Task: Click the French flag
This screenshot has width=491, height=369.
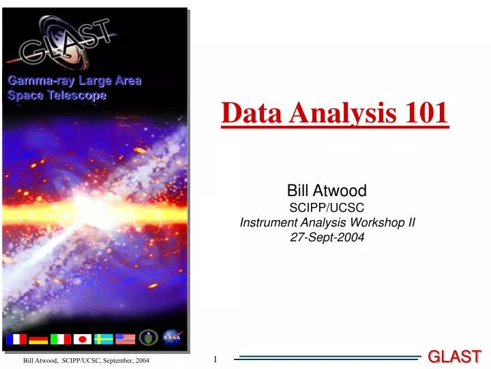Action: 16,339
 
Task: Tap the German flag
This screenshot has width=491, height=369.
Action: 38,339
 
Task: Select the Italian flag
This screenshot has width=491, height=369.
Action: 60,339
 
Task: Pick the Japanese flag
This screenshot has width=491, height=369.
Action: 82,339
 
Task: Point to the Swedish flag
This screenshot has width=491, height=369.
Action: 104,339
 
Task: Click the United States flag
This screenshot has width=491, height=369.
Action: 125,339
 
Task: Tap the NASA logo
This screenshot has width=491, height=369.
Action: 170,338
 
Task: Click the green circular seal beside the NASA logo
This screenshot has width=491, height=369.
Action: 149,338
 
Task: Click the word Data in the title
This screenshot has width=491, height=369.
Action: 252,113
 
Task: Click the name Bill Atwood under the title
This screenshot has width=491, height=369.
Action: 327,191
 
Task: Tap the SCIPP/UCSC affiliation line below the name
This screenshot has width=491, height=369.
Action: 327,206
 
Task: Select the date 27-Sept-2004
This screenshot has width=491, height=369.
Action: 327,238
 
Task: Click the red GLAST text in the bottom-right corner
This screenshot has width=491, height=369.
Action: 454,356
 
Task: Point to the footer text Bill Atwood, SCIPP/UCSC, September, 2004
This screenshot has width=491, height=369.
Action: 86,360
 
